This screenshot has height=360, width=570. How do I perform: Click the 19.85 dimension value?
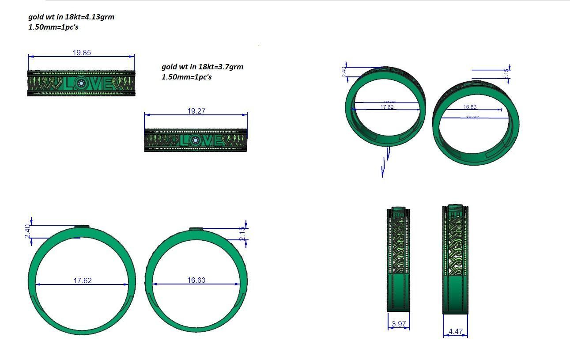pyautogui.click(x=82, y=53)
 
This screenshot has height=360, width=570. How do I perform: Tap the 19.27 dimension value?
pyautogui.click(x=196, y=111)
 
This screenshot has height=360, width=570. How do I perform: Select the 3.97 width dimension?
pyautogui.click(x=398, y=324)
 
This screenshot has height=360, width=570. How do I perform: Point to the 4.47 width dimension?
pyautogui.click(x=455, y=331)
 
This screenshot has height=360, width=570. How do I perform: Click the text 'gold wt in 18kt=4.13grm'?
pyautogui.click(x=71, y=17)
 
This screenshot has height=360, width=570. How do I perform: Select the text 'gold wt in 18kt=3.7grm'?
pyautogui.click(x=202, y=67)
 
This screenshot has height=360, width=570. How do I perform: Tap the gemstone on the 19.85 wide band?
pyautogui.click(x=80, y=83)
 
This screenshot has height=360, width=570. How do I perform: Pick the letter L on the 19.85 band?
pyautogui.click(x=69, y=83)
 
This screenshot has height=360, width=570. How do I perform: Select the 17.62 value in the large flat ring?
pyautogui.click(x=83, y=280)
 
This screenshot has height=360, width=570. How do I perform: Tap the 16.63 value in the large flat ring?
pyautogui.click(x=196, y=280)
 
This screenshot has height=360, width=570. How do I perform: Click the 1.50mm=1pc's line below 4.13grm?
pyautogui.click(x=53, y=27)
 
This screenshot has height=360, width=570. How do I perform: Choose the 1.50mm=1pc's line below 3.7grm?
pyautogui.click(x=186, y=77)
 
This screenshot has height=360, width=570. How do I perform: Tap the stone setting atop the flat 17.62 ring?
pyautogui.click(x=82, y=227)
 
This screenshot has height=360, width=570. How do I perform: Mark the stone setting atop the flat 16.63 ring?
pyautogui.click(x=196, y=229)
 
